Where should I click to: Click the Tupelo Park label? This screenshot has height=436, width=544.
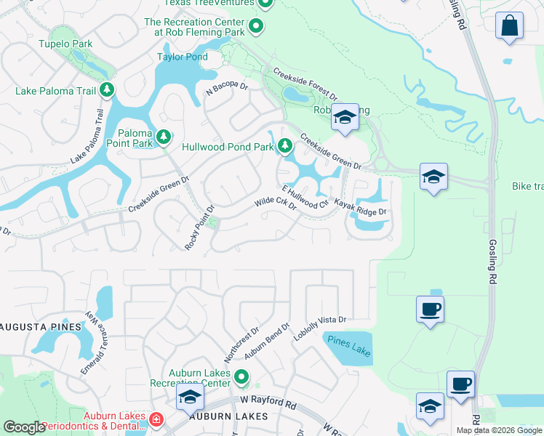point(67,44)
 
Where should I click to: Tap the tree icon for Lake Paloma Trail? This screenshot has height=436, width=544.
point(107,90)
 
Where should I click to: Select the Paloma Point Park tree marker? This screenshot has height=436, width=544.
point(164,136)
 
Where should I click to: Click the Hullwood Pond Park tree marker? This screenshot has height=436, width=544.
point(285,148)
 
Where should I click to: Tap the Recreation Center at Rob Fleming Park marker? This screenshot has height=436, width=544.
point(255,28)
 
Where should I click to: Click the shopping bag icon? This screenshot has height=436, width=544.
point(509,25)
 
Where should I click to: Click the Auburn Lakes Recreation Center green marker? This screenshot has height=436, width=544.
point(241,378)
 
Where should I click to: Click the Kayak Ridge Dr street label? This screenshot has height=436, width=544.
point(359,208)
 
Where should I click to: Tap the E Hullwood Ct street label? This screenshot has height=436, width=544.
point(303,194)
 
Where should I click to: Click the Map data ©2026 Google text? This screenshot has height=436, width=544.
point(499,430)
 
